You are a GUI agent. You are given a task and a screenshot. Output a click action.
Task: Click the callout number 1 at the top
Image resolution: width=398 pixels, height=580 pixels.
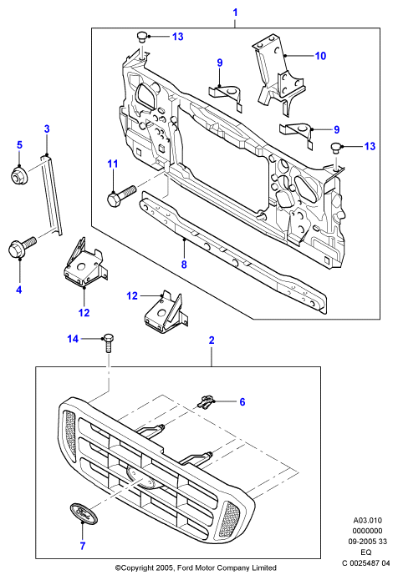point(235,13)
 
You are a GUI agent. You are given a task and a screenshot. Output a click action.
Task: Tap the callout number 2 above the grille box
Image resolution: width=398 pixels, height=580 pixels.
point(212,340)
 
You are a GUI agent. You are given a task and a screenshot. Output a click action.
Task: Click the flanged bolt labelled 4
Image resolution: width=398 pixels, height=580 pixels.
point(22,247)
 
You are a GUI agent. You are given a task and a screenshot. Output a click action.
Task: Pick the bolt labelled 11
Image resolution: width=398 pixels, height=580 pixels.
point(120,195)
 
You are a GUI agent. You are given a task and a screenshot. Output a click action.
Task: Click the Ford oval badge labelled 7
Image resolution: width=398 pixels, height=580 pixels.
point(82,512)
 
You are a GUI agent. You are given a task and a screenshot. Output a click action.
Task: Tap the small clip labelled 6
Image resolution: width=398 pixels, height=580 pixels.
point(206,401)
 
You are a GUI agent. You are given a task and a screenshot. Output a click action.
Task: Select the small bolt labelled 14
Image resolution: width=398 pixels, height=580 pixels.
point(108,343)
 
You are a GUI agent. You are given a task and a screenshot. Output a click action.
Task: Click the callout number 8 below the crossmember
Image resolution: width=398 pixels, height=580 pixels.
point(184,265)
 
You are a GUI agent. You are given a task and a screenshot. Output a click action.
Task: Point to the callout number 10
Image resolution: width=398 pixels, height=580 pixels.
point(320,56)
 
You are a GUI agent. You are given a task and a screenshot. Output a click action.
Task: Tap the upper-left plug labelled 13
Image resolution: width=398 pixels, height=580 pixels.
point(141,37)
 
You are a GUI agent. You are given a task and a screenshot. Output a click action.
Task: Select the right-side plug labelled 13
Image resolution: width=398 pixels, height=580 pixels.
point(336,147)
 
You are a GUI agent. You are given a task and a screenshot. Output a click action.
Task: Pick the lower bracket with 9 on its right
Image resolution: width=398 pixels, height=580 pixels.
point(297,134)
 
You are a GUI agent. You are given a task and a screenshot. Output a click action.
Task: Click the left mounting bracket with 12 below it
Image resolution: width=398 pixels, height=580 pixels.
point(84,264)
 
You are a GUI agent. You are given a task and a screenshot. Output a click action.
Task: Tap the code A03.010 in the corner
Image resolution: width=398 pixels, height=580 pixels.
point(368,521)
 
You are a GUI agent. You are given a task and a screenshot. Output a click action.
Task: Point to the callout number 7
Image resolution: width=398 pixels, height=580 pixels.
point(83,546)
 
